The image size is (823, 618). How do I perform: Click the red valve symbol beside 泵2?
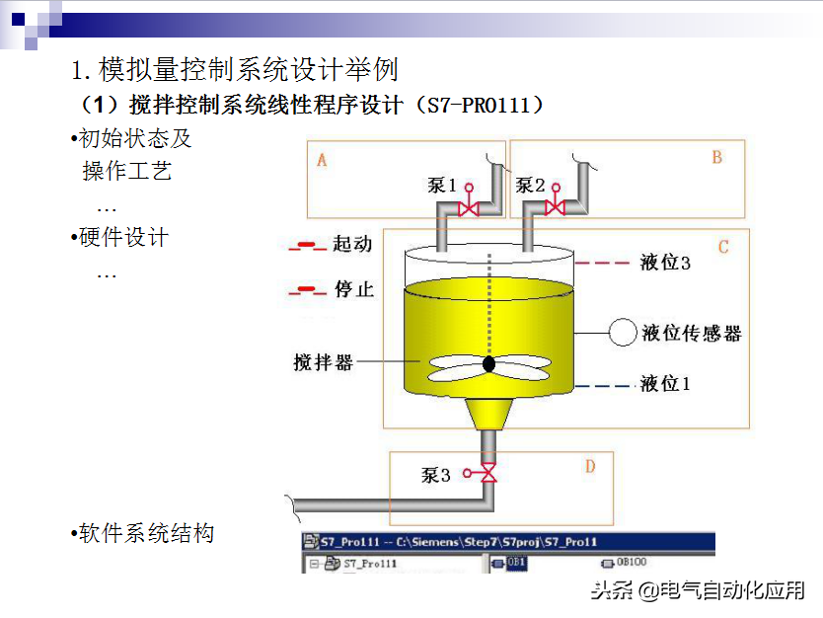tap(555, 206)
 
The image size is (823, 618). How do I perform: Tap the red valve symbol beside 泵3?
tap(487, 475)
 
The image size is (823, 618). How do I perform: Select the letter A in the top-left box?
tap(322, 160)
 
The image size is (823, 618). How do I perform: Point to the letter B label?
tap(716, 157)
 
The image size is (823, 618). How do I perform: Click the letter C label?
tap(723, 247)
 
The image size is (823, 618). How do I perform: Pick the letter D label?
tap(590, 466)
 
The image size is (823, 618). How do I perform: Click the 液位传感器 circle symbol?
tap(622, 333)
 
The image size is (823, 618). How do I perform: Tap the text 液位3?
tap(665, 263)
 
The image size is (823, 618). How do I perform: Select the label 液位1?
tap(665, 383)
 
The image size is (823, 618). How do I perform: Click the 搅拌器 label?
tap(323, 362)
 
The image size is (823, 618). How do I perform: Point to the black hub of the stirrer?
tap(488, 364)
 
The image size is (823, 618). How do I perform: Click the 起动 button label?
tap(352, 244)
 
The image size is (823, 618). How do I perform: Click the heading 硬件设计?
tap(123, 237)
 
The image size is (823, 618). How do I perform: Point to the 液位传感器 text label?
tap(691, 334)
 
